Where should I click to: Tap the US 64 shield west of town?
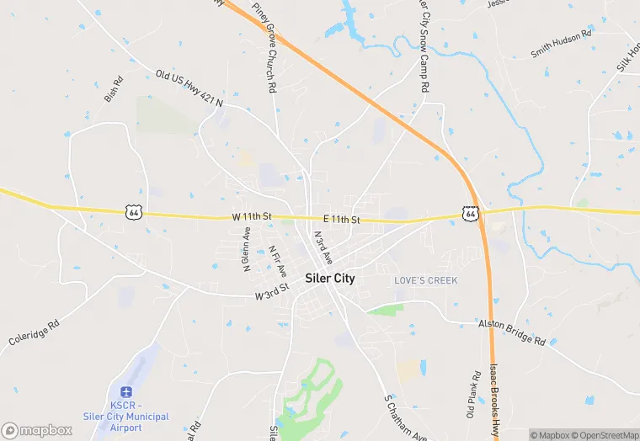[x=133, y=212]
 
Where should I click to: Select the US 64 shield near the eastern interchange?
[x=471, y=215]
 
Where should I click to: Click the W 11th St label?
[x=252, y=217]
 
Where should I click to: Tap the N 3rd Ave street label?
[x=323, y=248]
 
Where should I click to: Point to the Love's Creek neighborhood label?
[x=426, y=280]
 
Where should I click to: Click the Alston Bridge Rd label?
[x=512, y=332]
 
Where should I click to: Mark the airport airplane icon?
[x=126, y=391]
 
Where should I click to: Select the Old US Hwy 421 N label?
[x=189, y=88]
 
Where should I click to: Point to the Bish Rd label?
[x=113, y=90]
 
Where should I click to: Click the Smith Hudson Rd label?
[x=562, y=43]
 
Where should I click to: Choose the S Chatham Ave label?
[x=406, y=418]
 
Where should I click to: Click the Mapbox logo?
[x=37, y=430]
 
